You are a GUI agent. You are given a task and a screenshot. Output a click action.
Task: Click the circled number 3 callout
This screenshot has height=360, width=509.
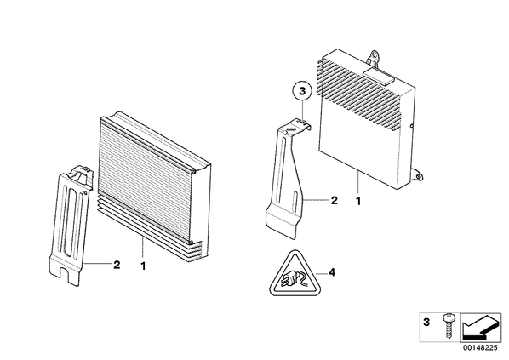(x=302, y=91)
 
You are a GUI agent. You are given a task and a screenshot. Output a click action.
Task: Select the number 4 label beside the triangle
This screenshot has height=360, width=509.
(x=331, y=272)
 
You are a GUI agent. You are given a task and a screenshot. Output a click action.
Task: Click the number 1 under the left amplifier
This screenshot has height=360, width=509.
(x=143, y=266)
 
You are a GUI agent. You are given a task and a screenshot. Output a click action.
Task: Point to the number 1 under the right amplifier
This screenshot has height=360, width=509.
(x=358, y=201)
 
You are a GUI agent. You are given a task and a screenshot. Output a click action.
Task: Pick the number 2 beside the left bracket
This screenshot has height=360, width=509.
(x=117, y=265)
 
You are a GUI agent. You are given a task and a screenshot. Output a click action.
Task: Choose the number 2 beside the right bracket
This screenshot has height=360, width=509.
(x=334, y=200)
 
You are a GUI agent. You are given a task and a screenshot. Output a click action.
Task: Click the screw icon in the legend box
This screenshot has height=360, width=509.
(x=448, y=326)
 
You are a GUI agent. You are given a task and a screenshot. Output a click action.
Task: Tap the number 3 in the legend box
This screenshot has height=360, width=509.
(x=426, y=323)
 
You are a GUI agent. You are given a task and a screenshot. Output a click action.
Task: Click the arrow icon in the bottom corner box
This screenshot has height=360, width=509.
(x=480, y=327)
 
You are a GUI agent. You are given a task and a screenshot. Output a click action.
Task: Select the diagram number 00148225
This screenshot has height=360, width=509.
(x=480, y=347)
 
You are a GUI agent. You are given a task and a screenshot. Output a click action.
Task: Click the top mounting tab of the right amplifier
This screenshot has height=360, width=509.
(x=374, y=59)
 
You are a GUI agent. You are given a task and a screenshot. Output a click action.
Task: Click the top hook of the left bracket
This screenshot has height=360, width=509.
(x=82, y=171)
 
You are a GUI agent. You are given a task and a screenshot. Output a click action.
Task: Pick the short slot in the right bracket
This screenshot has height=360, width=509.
(x=295, y=201)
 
